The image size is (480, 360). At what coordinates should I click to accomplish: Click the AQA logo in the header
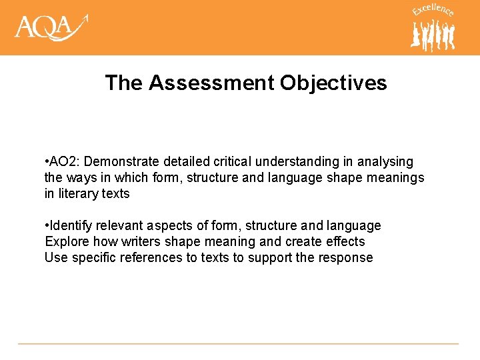[51, 28]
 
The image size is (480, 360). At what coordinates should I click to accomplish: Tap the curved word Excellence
[433, 10]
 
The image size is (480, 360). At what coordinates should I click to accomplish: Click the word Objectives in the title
[333, 83]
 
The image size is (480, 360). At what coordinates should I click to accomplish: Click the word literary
[78, 194]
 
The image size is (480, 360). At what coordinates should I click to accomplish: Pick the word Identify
[72, 226]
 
